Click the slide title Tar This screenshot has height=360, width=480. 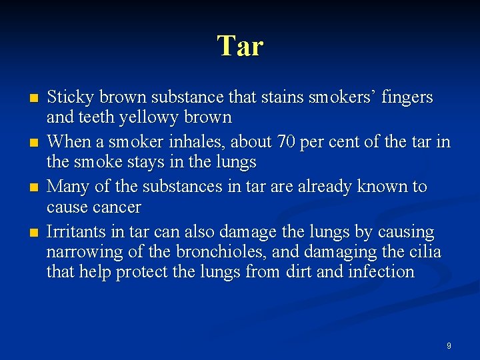(x=240, y=46)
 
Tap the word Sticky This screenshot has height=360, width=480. (x=70, y=97)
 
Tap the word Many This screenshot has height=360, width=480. (x=68, y=187)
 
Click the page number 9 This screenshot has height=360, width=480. (x=449, y=346)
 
